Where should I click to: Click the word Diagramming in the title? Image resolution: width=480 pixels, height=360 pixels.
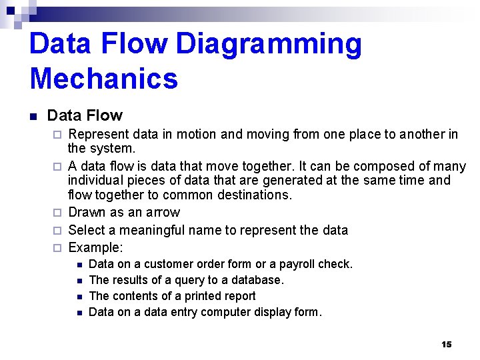(269, 45)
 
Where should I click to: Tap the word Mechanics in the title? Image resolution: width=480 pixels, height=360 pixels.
(104, 78)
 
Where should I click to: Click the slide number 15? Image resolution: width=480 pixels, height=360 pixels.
(446, 344)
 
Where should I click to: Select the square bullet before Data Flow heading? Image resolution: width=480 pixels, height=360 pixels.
(33, 117)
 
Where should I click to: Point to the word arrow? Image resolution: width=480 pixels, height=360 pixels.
(164, 213)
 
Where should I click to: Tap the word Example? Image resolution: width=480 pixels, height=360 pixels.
(96, 247)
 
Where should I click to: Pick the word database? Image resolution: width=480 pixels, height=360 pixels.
(257, 280)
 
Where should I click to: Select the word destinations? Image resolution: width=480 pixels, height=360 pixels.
(249, 195)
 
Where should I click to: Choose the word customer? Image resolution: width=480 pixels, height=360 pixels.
(168, 264)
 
